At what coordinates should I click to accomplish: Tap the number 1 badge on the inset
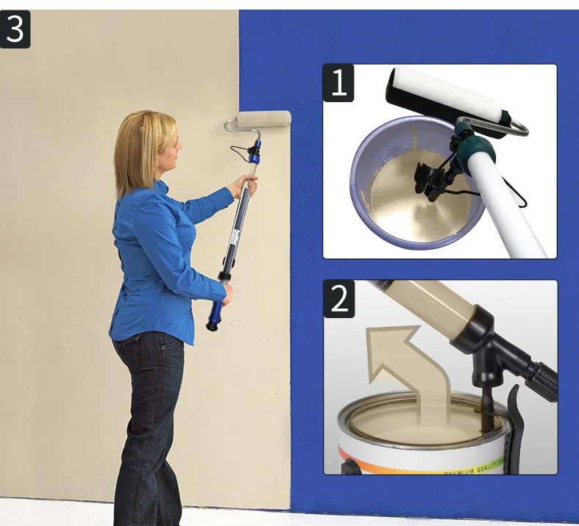[338, 83]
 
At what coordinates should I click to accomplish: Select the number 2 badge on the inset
[339, 298]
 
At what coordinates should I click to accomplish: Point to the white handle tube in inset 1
[508, 206]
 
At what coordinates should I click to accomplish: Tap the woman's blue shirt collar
[159, 190]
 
